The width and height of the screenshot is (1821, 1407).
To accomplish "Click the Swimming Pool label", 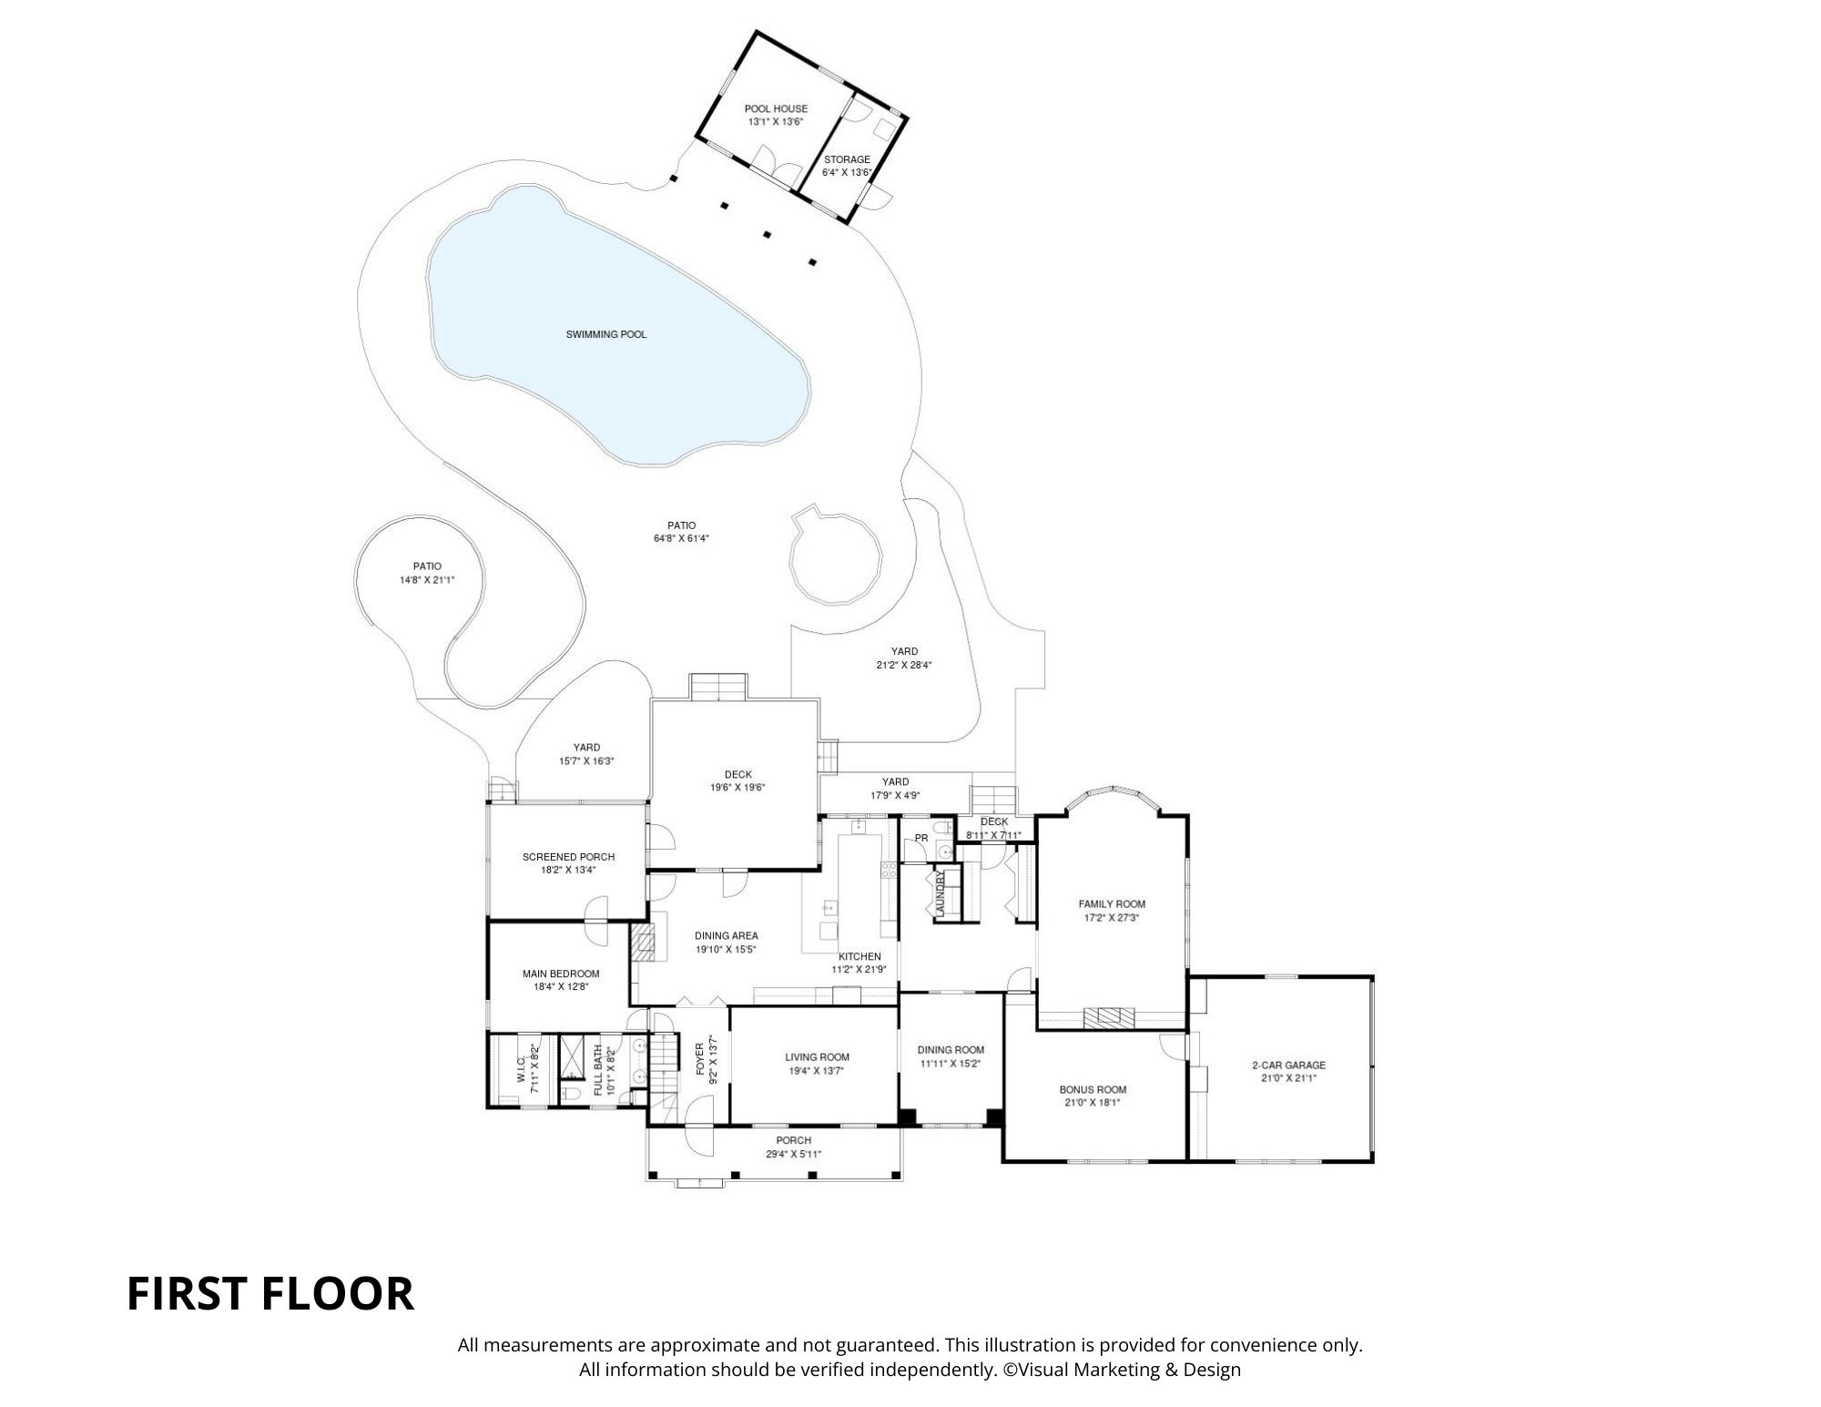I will (605, 334).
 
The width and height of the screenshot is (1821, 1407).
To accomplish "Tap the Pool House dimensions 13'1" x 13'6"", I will (776, 122).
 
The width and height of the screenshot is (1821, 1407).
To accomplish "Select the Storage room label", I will (847, 159).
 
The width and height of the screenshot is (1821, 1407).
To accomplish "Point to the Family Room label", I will (1112, 904).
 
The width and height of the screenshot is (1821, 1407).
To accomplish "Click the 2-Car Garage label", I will (1288, 1065).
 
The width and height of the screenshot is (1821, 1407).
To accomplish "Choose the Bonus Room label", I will (1093, 1089).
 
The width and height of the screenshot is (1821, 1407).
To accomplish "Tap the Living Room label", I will (817, 1057).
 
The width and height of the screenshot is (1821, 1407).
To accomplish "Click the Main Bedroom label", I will (561, 974).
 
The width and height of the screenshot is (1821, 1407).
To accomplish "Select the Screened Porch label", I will (568, 857).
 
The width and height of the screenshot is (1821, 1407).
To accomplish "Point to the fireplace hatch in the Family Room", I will (1109, 1017).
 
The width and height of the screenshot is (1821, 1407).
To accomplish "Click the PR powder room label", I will (921, 838).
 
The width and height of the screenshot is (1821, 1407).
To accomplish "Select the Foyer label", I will (700, 1059).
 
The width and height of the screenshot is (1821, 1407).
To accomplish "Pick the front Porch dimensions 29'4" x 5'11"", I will (793, 1154).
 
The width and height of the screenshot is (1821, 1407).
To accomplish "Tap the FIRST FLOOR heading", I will (270, 1294).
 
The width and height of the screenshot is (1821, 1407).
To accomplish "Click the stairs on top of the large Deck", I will (718, 687).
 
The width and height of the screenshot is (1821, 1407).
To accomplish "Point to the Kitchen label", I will (859, 956).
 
